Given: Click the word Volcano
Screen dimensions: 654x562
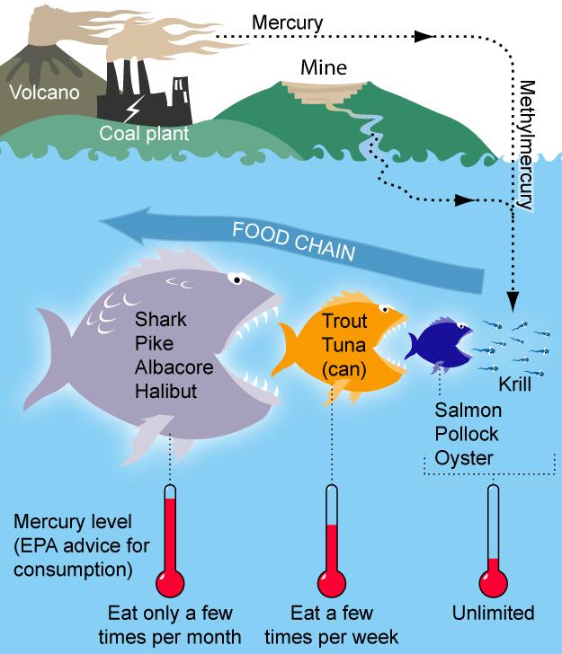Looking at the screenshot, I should point(43,93).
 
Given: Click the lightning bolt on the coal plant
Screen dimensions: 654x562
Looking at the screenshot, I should point(132,110).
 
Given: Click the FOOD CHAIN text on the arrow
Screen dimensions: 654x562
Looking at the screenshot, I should point(293,242).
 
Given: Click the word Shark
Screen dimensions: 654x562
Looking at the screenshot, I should point(158,321).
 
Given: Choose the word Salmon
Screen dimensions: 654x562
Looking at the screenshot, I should point(468,411).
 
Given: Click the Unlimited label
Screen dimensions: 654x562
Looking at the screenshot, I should point(493,614).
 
